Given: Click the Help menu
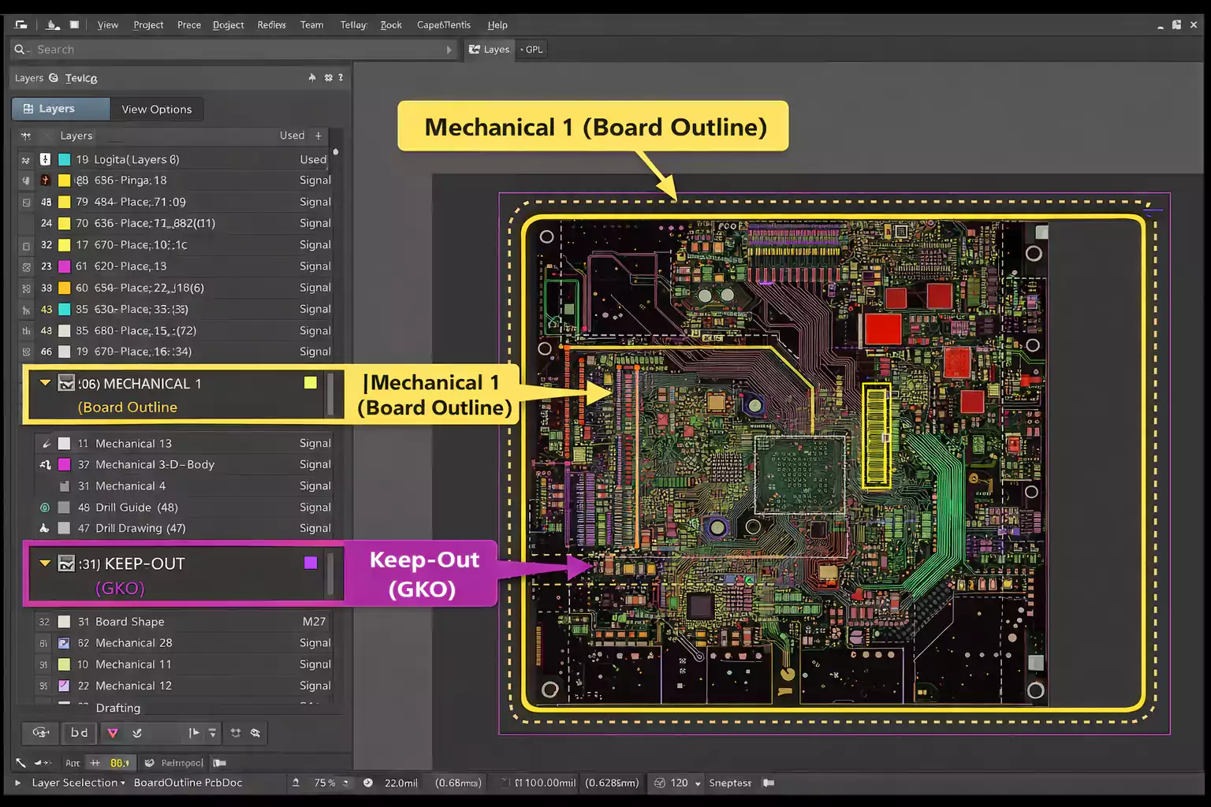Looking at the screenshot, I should coord(497,25).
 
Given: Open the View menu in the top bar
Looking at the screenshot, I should coord(107,25).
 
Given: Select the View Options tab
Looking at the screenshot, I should coord(156,110).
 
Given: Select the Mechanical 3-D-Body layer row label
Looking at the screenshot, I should coord(155,465).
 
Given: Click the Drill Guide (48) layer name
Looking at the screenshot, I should coord(136,508).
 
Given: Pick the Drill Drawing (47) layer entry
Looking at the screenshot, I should coord(140,529).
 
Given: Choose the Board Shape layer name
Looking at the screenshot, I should coord(129,622).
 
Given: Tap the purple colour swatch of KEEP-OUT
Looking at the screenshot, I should coord(311,563).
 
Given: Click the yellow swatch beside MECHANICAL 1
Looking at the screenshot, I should coord(311,383).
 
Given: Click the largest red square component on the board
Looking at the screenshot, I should coord(882,329).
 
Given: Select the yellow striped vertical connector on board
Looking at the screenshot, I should coord(877,435).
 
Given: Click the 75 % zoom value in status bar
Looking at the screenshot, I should coord(324,783).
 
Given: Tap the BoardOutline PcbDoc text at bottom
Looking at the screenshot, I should coord(188,783).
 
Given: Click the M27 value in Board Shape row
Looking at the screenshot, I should coord(314,622).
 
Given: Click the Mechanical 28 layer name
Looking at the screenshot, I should coord(133,643).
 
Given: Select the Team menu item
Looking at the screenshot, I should coord(311,25).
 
